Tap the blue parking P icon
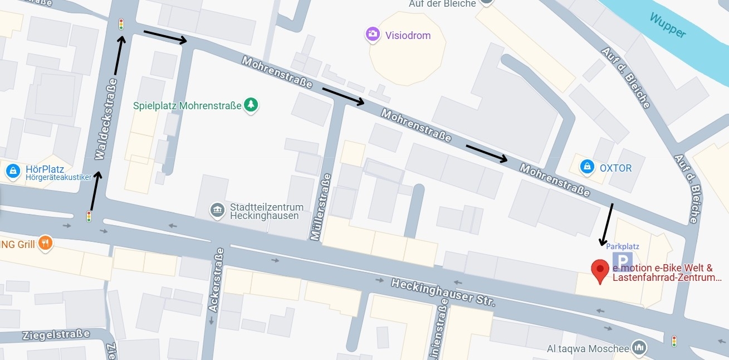(x=623, y=261)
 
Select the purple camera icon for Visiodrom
(x=373, y=35)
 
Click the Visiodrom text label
(x=408, y=35)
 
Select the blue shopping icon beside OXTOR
(x=586, y=167)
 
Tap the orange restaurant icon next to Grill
(x=46, y=243)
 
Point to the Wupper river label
(x=667, y=26)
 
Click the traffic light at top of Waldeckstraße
(x=121, y=24)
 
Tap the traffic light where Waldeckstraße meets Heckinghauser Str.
(x=89, y=216)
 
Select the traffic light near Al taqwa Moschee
(x=674, y=340)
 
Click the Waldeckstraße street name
(x=106, y=119)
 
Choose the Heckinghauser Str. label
(x=442, y=293)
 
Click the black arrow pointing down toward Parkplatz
(x=606, y=224)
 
